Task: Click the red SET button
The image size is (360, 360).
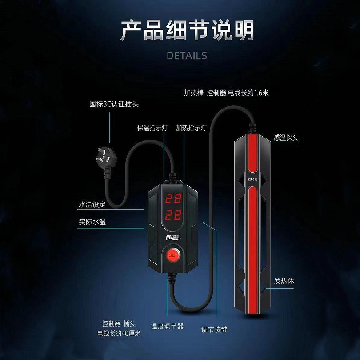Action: point(173,255)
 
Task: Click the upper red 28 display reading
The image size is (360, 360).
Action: point(173,198)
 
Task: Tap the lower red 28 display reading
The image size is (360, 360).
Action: point(173,215)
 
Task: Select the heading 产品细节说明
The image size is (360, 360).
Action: point(187,30)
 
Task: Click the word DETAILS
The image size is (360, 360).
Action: point(187,56)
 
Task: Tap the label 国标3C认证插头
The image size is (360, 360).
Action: point(114,105)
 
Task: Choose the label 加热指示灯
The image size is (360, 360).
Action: point(192,128)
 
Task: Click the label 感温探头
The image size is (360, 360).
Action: point(286,138)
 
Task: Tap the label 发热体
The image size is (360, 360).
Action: point(284,281)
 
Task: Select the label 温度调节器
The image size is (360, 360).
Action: point(167,326)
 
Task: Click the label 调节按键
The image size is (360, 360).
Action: point(214,329)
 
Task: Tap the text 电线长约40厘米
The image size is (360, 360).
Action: point(119,333)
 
